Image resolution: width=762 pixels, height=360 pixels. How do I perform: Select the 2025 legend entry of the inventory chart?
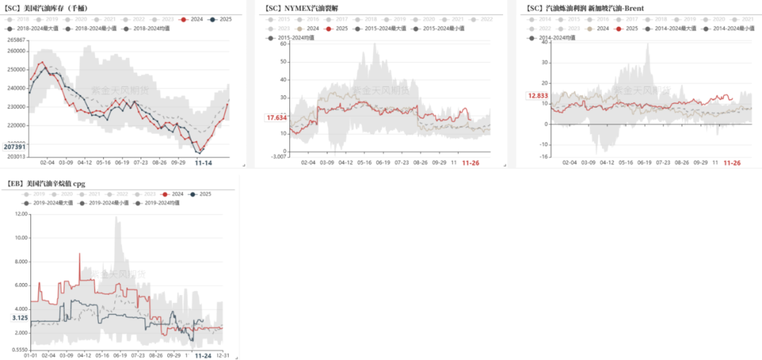pos(221,19)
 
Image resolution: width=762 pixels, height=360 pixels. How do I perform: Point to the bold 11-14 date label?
pos(205,162)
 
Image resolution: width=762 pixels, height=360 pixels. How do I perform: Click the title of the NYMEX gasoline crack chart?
pos(301,8)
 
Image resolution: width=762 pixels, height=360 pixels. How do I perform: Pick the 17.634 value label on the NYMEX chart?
pos(277,118)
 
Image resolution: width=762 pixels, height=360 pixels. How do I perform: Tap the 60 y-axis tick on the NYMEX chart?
pos(283,43)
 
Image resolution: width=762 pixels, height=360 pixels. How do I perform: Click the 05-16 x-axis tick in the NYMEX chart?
pos(364,162)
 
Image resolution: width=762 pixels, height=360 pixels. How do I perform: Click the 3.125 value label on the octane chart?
pos(20,318)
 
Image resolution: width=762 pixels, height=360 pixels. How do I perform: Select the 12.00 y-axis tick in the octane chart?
pos(20,213)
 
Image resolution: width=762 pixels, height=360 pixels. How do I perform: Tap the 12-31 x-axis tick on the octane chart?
pos(222,356)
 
